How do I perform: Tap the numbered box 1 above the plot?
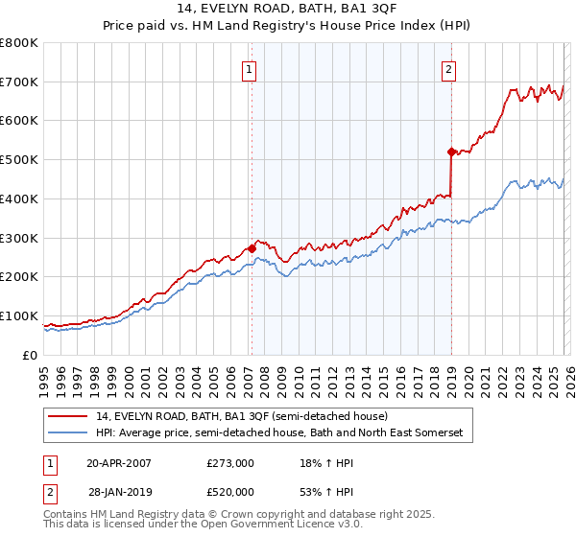(250, 68)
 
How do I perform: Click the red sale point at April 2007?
(252, 248)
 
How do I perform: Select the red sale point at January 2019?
(450, 152)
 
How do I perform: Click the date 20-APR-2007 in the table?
(119, 462)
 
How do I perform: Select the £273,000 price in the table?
(230, 462)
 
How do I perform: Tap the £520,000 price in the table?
(230, 493)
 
